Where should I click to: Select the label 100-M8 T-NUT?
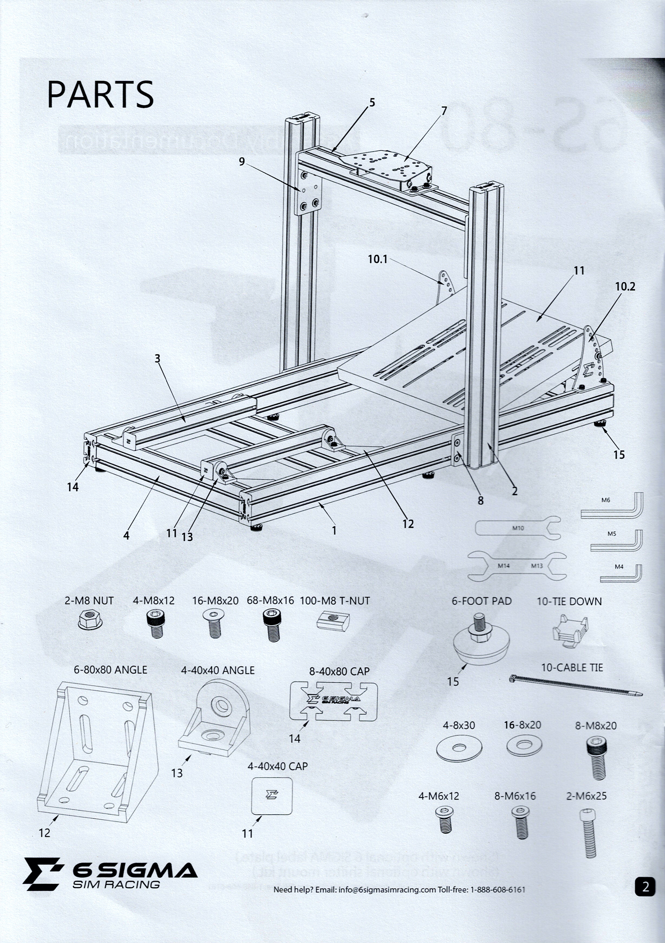tap(334, 601)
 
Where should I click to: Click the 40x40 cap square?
tap(272, 795)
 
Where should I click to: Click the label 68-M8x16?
tap(270, 601)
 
